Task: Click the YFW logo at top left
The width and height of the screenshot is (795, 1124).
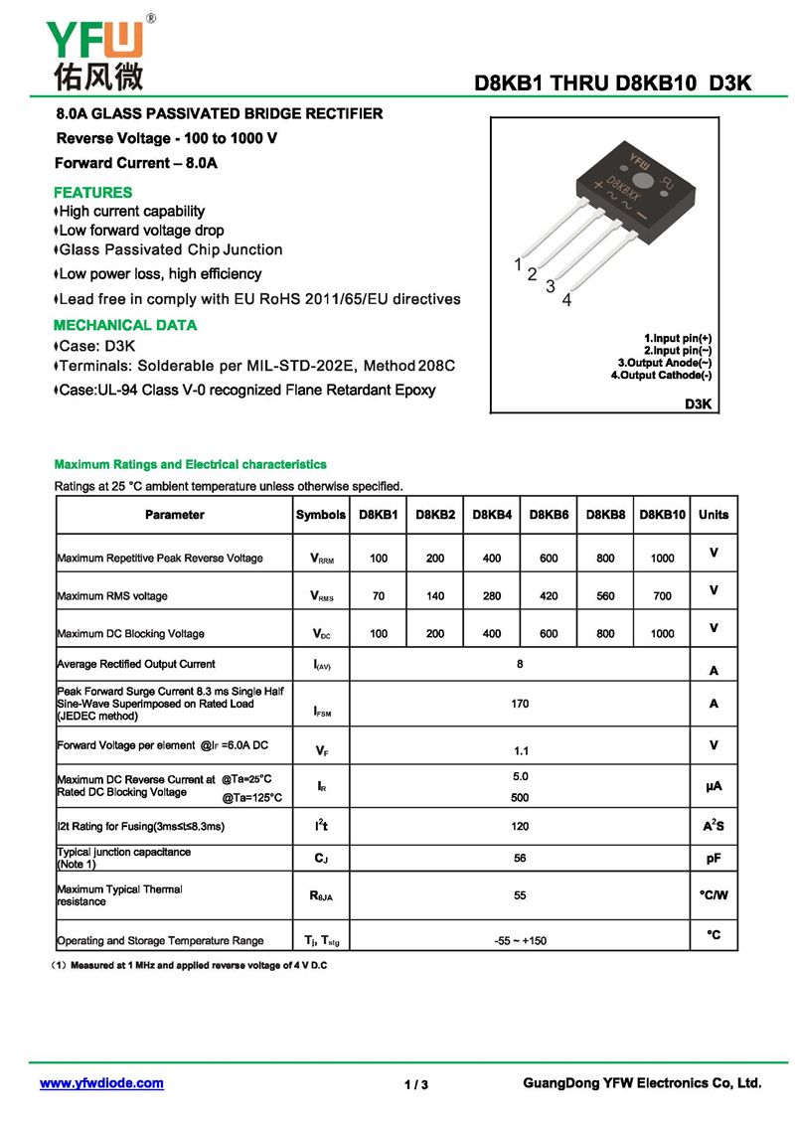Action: (x=95, y=52)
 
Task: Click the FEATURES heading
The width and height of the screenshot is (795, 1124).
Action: (x=92, y=192)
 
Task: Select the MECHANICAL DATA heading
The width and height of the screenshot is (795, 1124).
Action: (x=125, y=325)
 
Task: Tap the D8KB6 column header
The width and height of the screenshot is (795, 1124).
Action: (x=549, y=515)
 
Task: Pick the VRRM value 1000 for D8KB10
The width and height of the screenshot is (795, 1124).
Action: (x=662, y=559)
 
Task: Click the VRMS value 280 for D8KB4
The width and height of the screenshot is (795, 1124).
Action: (x=492, y=596)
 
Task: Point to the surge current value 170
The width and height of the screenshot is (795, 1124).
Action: (x=520, y=704)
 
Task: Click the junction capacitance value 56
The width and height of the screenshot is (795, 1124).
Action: (x=520, y=858)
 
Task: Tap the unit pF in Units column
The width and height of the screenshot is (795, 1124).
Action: (x=714, y=858)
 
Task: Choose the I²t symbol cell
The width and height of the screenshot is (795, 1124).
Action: (x=322, y=826)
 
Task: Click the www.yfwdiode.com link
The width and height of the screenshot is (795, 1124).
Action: (x=101, y=1083)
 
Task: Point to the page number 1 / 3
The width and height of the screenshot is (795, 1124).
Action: (x=416, y=1084)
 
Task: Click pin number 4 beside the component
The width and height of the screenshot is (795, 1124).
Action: (x=567, y=300)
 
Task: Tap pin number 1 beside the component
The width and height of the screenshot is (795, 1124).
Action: (x=518, y=264)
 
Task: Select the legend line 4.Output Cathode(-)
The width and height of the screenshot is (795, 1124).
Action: (x=661, y=375)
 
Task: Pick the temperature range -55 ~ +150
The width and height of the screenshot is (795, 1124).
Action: (x=520, y=940)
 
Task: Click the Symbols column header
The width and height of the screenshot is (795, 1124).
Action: (x=321, y=515)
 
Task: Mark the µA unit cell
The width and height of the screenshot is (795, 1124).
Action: (x=714, y=786)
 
